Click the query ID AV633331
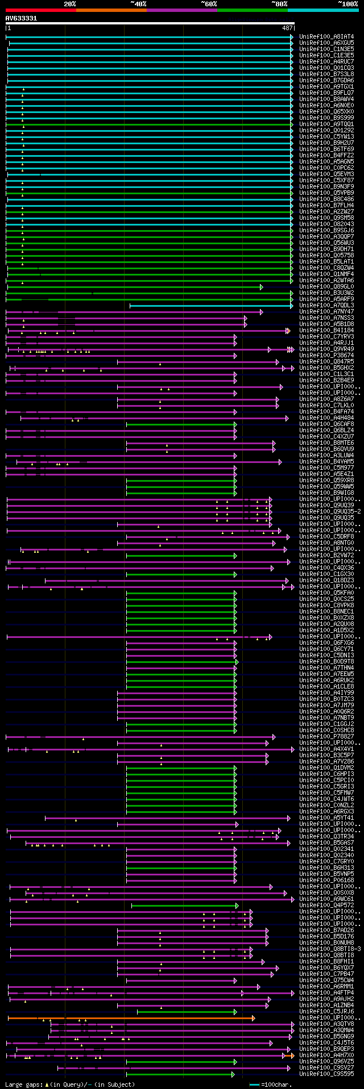[21, 18]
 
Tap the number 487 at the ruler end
[287, 28]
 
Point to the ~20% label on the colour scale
[69, 4]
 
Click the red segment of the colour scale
[40, 10]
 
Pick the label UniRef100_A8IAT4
[326, 36]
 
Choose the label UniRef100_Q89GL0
[326, 286]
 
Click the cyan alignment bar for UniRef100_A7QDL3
[210, 306]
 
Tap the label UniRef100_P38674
[326, 356]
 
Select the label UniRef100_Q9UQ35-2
[330, 512]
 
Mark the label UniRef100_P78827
[326, 737]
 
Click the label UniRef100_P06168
[326, 881]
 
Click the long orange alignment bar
[131, 1018]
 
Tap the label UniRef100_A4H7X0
[326, 1055]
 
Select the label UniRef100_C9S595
[326, 1074]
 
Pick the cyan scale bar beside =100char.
[254, 1085]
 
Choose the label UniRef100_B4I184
[326, 330]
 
